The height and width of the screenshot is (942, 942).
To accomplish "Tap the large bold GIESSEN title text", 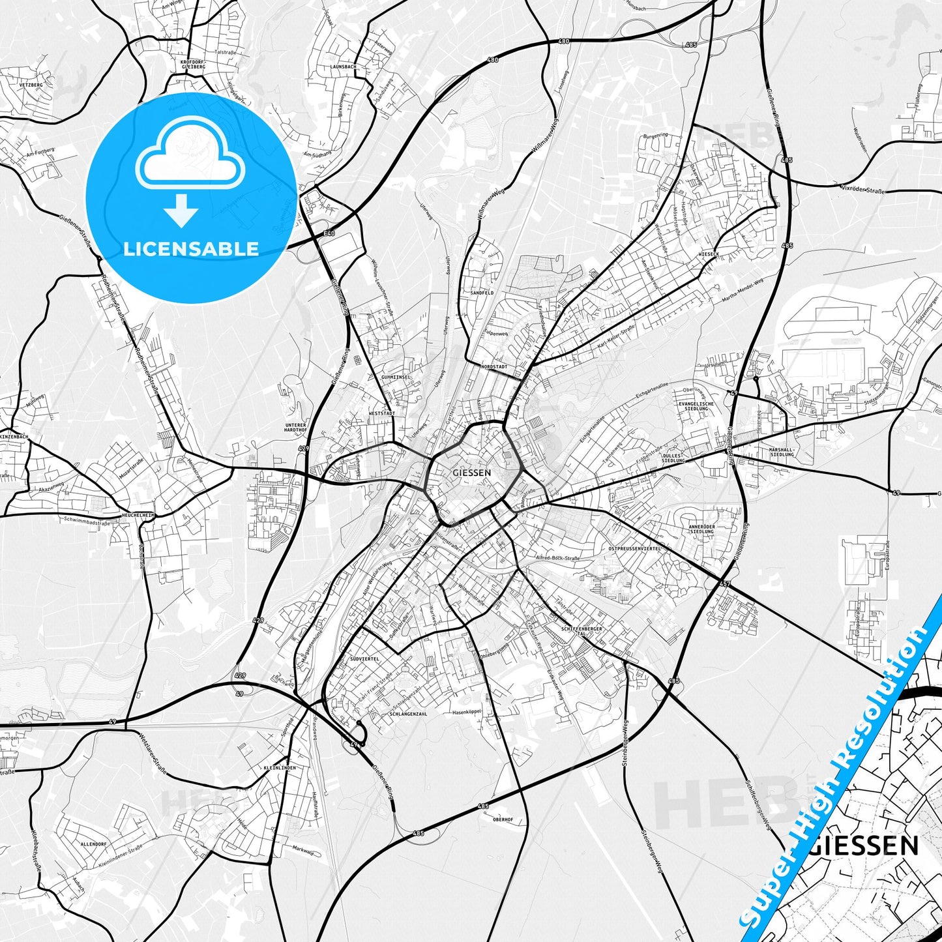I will click(x=865, y=846).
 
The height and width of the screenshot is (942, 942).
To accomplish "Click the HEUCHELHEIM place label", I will click(x=139, y=516).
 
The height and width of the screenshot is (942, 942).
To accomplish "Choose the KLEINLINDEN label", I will click(x=280, y=768).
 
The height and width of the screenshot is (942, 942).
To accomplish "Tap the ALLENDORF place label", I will click(x=93, y=844).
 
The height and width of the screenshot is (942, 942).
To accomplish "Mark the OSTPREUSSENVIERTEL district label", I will click(x=634, y=549).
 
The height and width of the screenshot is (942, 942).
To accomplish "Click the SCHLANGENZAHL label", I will click(x=408, y=714).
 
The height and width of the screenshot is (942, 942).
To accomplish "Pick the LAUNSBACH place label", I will click(x=343, y=66).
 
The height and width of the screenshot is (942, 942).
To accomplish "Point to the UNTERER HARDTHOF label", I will click(x=295, y=428).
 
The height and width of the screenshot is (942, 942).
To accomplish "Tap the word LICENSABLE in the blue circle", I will click(x=191, y=249).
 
